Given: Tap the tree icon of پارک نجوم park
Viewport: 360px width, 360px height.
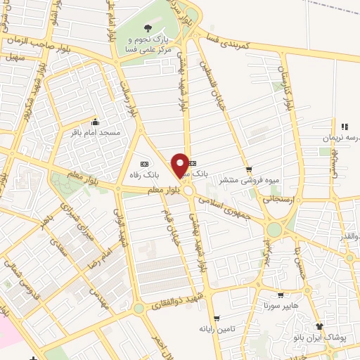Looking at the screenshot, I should (x=148, y=28).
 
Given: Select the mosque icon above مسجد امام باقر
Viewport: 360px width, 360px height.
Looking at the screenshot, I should (x=95, y=122).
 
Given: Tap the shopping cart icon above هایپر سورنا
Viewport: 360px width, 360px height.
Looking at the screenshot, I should (x=281, y=296).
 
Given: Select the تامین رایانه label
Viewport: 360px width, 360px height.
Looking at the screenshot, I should (x=215, y=328).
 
